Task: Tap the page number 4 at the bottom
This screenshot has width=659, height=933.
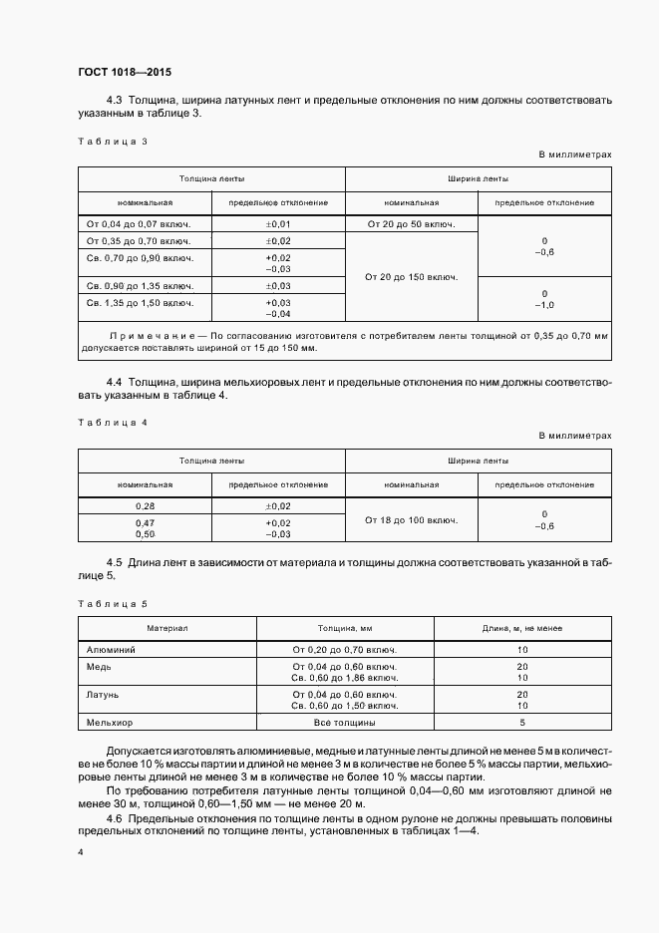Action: (x=81, y=854)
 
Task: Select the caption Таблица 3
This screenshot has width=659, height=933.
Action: (x=112, y=141)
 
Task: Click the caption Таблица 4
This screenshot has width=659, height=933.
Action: (x=112, y=423)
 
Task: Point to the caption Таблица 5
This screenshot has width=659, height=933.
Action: (x=112, y=604)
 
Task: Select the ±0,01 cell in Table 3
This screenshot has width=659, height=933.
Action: (x=278, y=225)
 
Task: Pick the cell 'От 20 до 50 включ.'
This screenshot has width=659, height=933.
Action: (x=411, y=225)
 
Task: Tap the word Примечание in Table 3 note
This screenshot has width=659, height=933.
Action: (x=146, y=336)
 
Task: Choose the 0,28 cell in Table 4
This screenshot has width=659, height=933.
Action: (x=145, y=506)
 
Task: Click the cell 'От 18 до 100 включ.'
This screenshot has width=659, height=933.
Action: (x=411, y=520)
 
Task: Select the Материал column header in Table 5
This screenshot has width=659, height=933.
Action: (x=167, y=629)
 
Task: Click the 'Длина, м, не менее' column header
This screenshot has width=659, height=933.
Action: (x=521, y=629)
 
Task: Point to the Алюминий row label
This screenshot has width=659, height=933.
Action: (x=112, y=650)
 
